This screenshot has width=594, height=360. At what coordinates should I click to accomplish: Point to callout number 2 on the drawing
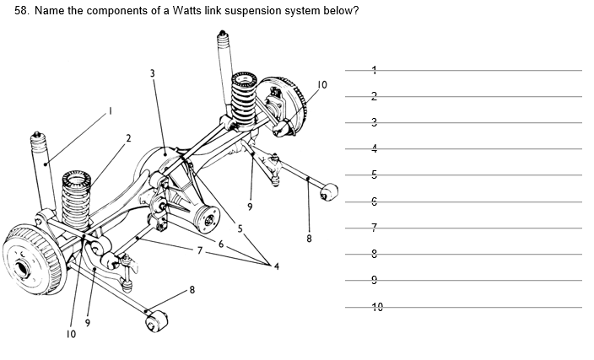(x=129, y=137)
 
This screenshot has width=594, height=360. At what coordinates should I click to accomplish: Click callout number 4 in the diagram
(x=276, y=266)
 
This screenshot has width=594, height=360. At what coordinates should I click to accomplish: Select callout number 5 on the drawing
(x=239, y=228)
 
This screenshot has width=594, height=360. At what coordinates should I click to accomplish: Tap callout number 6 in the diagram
(x=220, y=243)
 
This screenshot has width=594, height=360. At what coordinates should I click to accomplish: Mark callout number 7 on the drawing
(x=200, y=250)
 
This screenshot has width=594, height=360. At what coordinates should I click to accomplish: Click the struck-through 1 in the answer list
(x=374, y=71)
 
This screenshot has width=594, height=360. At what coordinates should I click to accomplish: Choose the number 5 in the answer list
(x=374, y=175)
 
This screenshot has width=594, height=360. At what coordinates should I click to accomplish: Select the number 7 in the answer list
(x=374, y=228)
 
